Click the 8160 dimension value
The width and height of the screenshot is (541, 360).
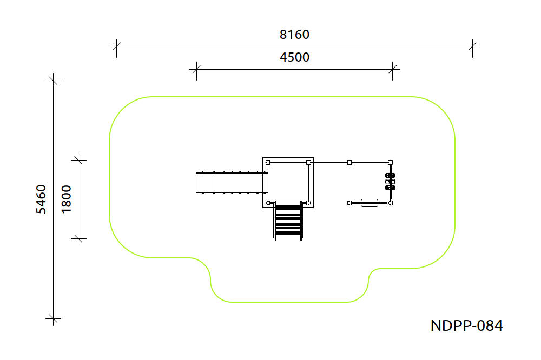coord(294,35)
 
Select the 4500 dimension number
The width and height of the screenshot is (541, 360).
coord(294,57)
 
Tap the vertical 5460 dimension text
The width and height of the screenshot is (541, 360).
coord(41,199)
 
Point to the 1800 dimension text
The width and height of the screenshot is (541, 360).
coord(66,199)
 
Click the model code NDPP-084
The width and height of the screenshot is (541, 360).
coord(466,325)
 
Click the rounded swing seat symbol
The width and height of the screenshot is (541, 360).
coord(370,203)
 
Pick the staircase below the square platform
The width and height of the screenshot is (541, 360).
coord(288,222)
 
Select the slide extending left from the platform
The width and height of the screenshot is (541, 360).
coord(231,183)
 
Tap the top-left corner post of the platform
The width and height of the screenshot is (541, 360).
coord(268,162)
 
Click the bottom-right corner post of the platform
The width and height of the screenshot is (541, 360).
coord(308,203)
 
